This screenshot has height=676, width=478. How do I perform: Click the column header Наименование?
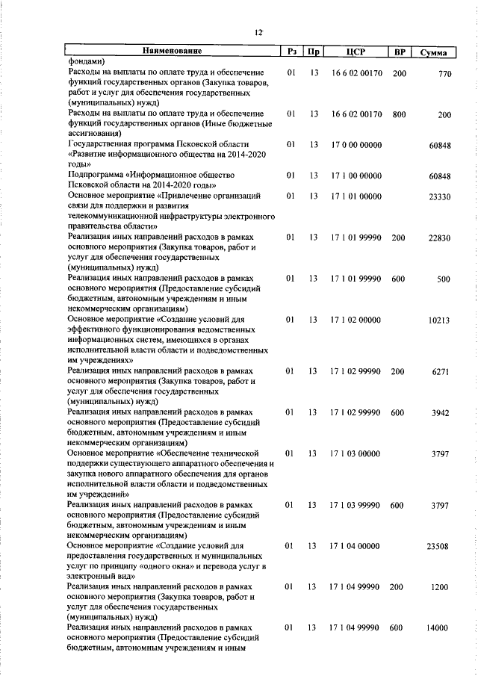[x=173, y=52]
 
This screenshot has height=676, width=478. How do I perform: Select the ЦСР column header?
[x=355, y=52]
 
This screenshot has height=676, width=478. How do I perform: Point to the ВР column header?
[x=399, y=52]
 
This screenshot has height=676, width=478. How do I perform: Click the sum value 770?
[x=445, y=74]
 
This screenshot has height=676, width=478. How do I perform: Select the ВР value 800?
[x=399, y=114]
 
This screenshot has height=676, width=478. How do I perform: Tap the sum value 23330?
[x=439, y=196]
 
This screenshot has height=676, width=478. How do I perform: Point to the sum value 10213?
[x=439, y=320]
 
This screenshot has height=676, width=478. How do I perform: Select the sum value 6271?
[x=441, y=371]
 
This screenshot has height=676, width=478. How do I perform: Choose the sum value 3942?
[x=441, y=412]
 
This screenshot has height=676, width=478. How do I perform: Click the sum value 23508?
[x=439, y=547]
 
